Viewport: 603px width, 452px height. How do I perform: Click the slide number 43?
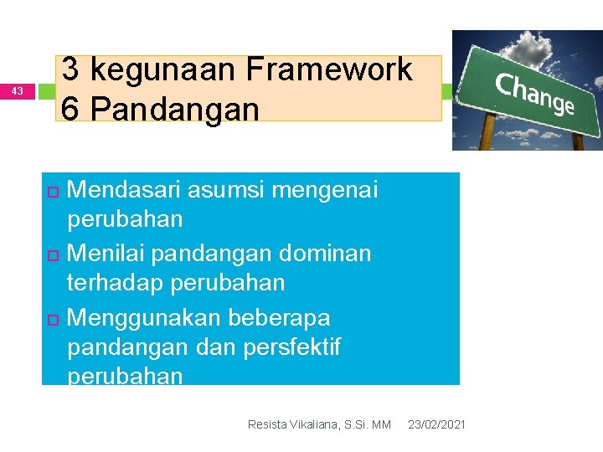tap(18, 90)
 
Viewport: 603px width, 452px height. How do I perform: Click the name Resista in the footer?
tap(267, 425)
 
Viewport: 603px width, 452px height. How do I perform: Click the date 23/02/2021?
tap(436, 425)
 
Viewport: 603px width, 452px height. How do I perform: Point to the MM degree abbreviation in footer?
tap(381, 425)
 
